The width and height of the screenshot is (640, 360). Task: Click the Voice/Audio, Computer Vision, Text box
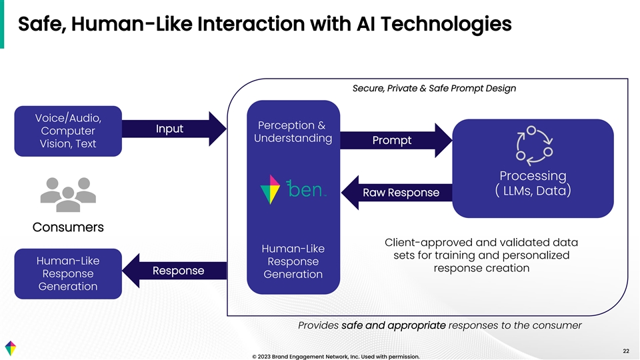(68, 131)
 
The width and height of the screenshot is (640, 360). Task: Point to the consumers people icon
(65, 192)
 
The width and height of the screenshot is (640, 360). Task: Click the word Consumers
(68, 227)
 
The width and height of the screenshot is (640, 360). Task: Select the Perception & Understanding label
(293, 131)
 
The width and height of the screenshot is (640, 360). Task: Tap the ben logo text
(306, 190)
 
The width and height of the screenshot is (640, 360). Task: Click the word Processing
(533, 176)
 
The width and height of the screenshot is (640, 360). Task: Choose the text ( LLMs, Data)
(533, 191)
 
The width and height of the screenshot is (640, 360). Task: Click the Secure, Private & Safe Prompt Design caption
(433, 88)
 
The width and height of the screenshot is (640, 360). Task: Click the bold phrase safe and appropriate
(393, 325)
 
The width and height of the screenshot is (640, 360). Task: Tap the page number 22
(625, 351)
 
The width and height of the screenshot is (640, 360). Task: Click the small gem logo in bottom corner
(11, 348)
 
